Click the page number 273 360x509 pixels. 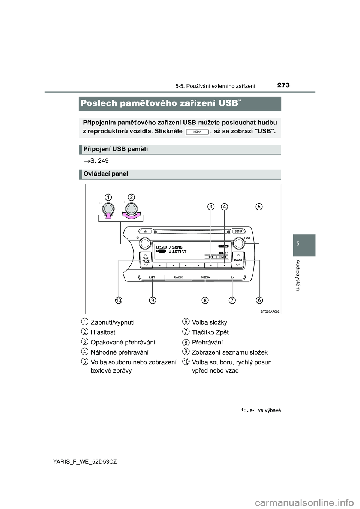283,85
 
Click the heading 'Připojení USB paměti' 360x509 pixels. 115,149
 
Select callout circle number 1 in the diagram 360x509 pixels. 108,197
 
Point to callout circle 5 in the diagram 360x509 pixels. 259,207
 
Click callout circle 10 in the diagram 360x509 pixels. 119,300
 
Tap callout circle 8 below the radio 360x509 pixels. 205,300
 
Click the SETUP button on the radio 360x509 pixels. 238,231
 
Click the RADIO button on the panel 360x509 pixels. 178,277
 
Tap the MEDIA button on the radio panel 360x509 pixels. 205,277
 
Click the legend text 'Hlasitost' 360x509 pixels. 103,332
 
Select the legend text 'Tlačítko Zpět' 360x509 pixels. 210,332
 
